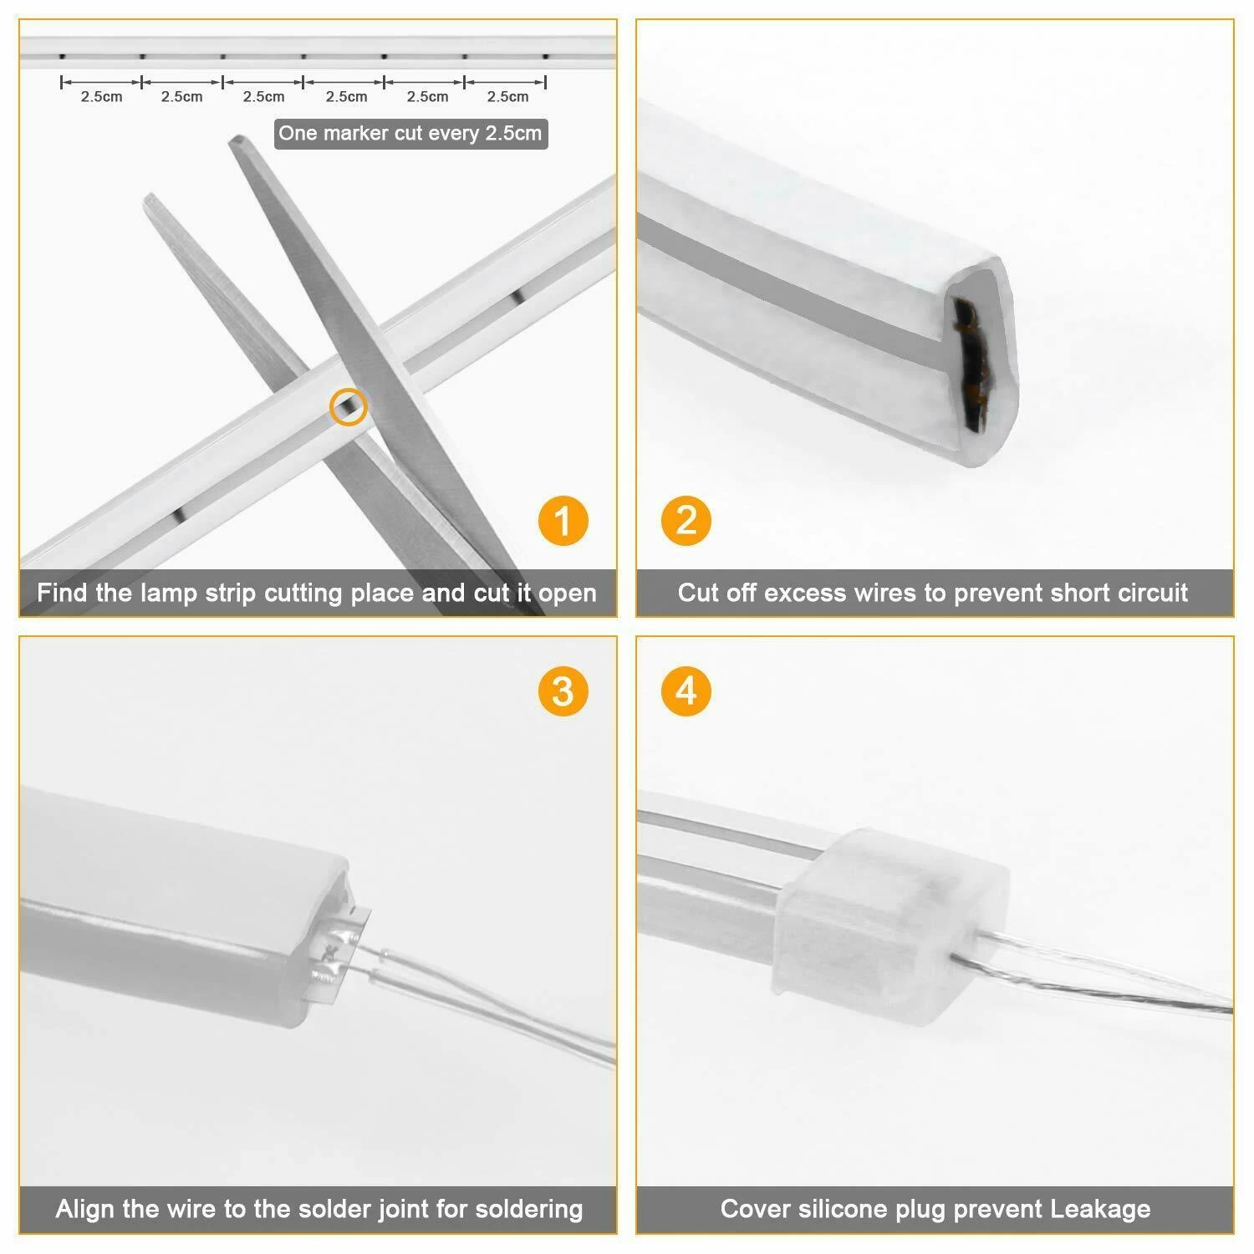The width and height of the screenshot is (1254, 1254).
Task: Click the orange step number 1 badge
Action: tap(563, 521)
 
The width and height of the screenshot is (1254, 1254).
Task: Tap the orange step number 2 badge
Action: tap(686, 521)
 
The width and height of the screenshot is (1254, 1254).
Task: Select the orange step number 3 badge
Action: tap(563, 691)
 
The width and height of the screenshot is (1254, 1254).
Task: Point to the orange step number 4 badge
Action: tap(686, 691)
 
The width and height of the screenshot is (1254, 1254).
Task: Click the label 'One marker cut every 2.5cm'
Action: tap(410, 134)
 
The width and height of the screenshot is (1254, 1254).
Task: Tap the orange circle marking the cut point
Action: tap(348, 407)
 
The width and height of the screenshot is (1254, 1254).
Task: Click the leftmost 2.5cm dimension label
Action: tap(101, 97)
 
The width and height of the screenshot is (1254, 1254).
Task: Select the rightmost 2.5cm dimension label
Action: tap(507, 97)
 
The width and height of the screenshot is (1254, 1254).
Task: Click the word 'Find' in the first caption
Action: tap(62, 593)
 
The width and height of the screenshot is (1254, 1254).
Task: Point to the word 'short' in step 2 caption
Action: tap(1082, 593)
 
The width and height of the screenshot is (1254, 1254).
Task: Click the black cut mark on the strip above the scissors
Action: tap(517, 294)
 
